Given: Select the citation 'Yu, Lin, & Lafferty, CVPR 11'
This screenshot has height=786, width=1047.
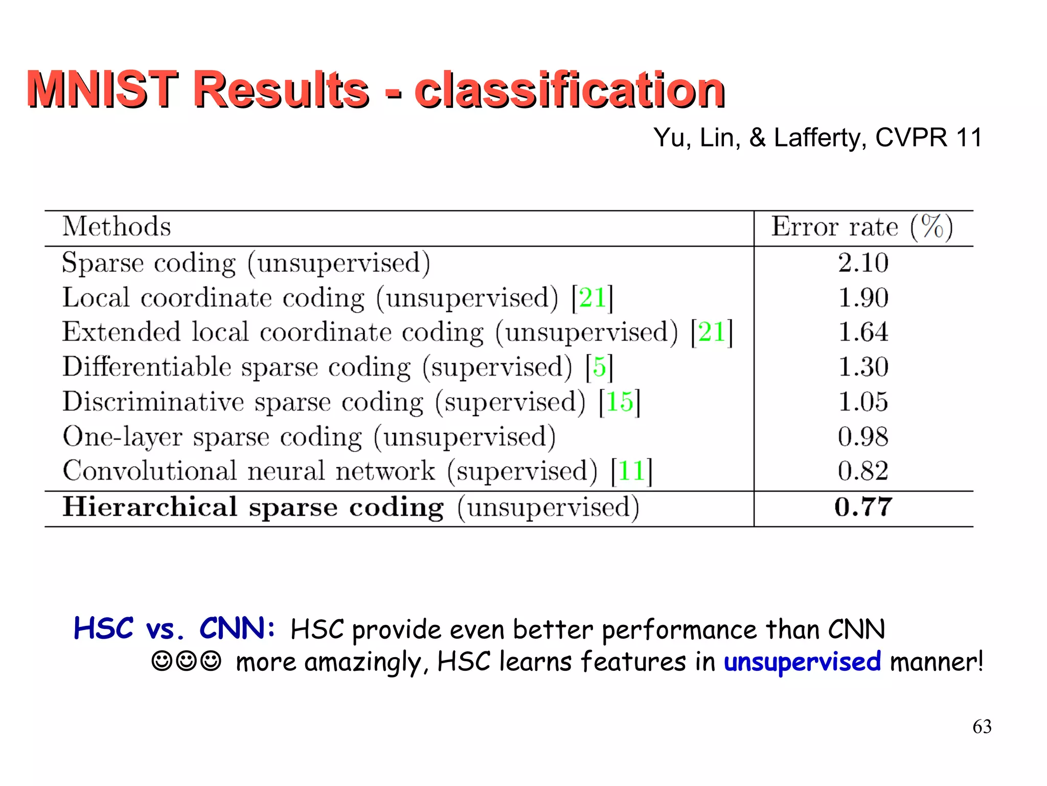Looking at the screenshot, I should pyautogui.click(x=817, y=138).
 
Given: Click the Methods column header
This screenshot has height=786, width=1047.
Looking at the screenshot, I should pyautogui.click(x=117, y=227).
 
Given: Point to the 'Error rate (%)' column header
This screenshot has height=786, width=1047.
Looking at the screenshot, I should pyautogui.click(x=862, y=227).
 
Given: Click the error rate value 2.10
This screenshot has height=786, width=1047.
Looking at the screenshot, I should pyautogui.click(x=863, y=263).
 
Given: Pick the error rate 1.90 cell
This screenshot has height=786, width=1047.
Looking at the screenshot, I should pyautogui.click(x=863, y=298).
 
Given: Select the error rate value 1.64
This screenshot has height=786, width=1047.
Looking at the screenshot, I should pyautogui.click(x=863, y=332).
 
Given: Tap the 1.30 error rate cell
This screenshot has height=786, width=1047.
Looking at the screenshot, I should pyautogui.click(x=863, y=367).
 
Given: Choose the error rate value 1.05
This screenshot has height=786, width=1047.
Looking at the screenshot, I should pyautogui.click(x=863, y=402).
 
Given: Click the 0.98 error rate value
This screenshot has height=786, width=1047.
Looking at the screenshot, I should pyautogui.click(x=863, y=436).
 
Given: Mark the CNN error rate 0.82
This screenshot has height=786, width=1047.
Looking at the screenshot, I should pyautogui.click(x=863, y=471).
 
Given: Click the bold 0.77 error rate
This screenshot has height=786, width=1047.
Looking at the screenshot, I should pyautogui.click(x=863, y=507).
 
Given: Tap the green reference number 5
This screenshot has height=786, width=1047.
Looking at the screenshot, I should pyautogui.click(x=599, y=367).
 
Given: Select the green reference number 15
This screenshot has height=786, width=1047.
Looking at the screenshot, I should pyautogui.click(x=619, y=402).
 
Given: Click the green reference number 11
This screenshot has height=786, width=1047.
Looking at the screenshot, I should pyautogui.click(x=631, y=471).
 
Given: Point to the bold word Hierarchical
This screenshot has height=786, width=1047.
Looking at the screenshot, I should pyautogui.click(x=150, y=507).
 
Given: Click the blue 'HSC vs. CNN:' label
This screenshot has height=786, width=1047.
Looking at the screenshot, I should pyautogui.click(x=174, y=628).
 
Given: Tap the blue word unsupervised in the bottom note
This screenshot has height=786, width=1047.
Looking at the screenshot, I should pyautogui.click(x=802, y=662).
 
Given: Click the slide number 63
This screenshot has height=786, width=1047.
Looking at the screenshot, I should pyautogui.click(x=982, y=727).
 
